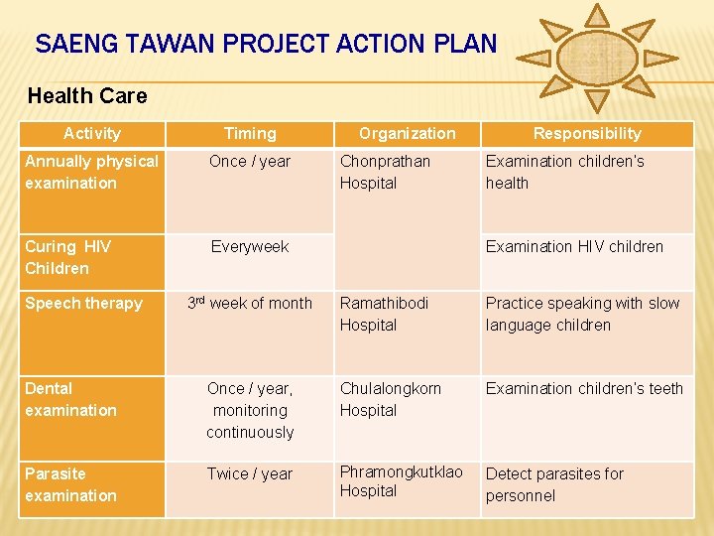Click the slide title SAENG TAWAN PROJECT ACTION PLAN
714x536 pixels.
[266, 44]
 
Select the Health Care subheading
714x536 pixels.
[87, 96]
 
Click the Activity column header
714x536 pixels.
[91, 133]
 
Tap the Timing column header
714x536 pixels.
[250, 133]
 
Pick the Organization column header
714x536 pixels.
[407, 133]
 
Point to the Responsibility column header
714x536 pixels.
[587, 133]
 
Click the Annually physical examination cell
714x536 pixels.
[91, 172]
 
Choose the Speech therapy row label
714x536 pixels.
[83, 304]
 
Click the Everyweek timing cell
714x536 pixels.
[250, 247]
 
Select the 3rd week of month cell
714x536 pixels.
[250, 304]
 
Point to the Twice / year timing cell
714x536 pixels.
[250, 474]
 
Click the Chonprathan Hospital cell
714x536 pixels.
[385, 172]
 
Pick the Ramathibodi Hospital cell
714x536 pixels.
[385, 314]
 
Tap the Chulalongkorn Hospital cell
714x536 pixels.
[391, 399]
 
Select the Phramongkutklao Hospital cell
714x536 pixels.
[401, 481]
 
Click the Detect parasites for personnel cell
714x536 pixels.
[554, 484]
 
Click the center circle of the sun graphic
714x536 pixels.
[597, 56]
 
